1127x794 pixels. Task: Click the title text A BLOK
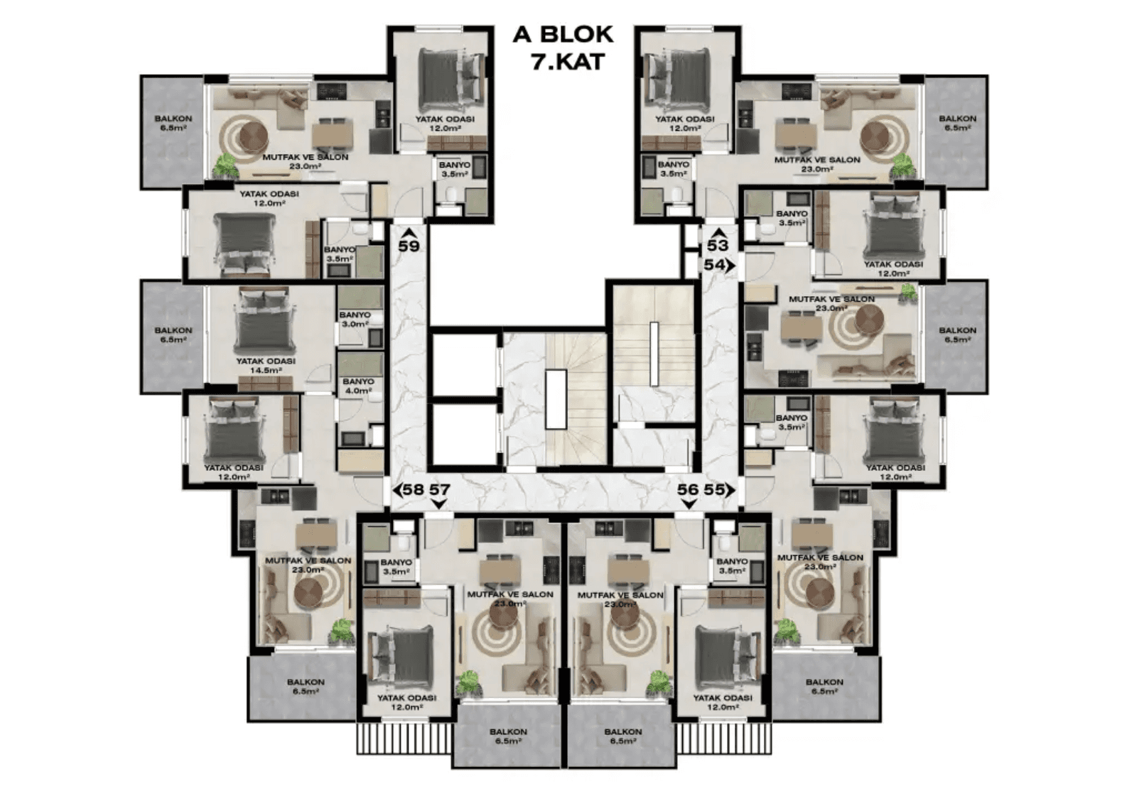click(563, 35)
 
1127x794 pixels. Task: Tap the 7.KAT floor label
click(568, 62)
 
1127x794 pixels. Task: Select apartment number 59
click(409, 246)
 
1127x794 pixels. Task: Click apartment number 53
click(718, 246)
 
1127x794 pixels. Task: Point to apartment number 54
click(714, 264)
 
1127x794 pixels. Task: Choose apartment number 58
click(414, 490)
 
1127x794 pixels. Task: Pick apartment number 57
click(440, 490)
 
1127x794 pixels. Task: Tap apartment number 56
click(688, 490)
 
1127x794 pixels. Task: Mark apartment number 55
click(714, 490)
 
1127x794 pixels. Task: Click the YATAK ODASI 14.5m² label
click(266, 366)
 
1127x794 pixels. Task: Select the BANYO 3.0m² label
click(355, 320)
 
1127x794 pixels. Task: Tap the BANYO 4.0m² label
click(357, 386)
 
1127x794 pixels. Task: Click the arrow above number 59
click(408, 232)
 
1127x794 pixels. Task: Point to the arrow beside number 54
click(730, 264)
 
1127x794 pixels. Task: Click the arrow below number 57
click(440, 504)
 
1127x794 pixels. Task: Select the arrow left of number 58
click(397, 490)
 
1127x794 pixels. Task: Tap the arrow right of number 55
click(730, 490)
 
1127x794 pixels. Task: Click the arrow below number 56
click(688, 504)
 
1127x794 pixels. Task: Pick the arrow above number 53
click(718, 232)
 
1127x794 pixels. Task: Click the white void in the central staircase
click(556, 398)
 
